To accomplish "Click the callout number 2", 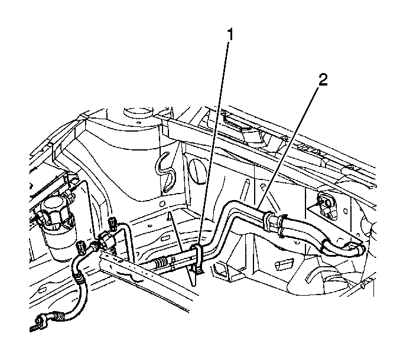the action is [323, 80].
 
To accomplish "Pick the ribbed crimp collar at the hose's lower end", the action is [59, 317].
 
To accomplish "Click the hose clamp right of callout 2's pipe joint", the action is [282, 224].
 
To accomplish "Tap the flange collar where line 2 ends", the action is [267, 219].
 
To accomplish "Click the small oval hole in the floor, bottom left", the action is [41, 291].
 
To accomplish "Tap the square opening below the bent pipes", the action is [220, 271].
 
